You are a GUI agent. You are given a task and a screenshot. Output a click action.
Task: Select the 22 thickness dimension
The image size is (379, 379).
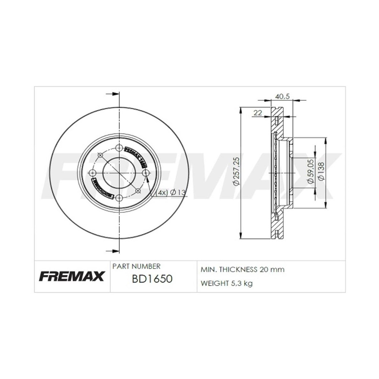click(x=258, y=113)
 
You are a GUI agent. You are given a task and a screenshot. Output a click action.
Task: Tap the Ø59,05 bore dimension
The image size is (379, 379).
click(x=310, y=172)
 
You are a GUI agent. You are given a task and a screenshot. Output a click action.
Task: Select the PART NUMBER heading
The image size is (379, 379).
click(x=136, y=266)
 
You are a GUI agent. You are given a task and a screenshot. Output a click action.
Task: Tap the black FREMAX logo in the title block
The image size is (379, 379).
click(x=72, y=276)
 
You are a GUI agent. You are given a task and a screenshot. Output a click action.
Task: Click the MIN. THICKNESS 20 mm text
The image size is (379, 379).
click(x=243, y=269)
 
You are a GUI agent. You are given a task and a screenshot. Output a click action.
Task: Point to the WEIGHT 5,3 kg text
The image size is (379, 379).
click(x=226, y=283)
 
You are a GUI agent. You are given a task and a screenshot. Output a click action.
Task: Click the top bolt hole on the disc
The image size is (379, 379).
click(x=119, y=148)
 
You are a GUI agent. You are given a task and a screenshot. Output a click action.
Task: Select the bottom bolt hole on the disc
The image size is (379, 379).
click(x=119, y=198)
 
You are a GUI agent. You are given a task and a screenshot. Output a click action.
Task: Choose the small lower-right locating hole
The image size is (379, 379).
click(x=137, y=190)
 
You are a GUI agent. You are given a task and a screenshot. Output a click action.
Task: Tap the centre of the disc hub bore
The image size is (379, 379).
click(x=119, y=173)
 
